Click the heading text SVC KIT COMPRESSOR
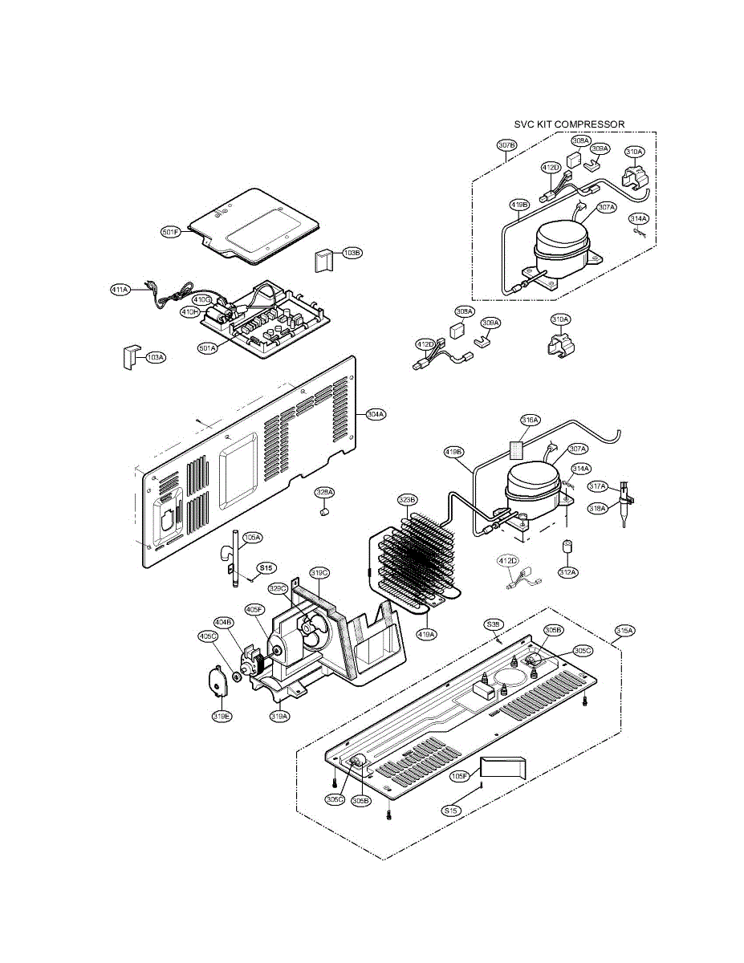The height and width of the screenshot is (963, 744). click(x=569, y=124)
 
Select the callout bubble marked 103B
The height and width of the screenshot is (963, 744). click(x=352, y=253)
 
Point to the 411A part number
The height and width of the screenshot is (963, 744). click(x=120, y=290)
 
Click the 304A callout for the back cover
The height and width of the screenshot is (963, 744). click(x=374, y=414)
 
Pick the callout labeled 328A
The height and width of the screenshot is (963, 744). click(x=324, y=491)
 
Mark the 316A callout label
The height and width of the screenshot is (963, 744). click(x=531, y=420)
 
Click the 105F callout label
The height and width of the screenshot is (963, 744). click(x=459, y=776)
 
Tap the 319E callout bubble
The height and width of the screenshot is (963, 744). click(x=222, y=717)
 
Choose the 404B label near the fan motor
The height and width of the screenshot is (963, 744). click(x=224, y=621)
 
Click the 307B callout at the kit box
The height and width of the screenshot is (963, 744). click(x=506, y=145)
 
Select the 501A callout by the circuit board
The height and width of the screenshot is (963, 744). click(x=209, y=348)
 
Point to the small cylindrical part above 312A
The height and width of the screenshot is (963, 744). click(x=567, y=546)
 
